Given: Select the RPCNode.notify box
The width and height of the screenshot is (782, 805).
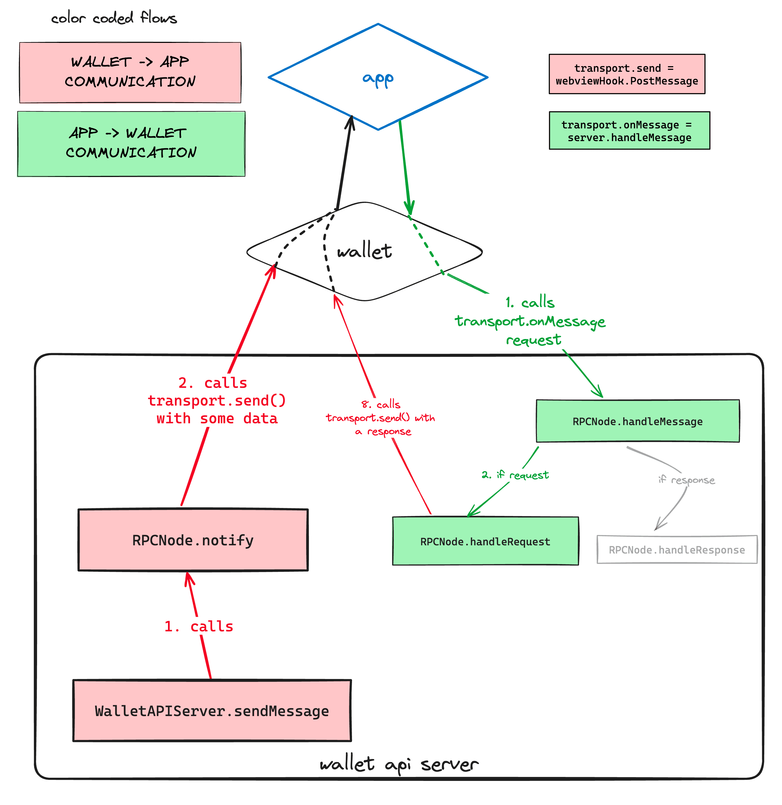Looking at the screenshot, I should [193, 540].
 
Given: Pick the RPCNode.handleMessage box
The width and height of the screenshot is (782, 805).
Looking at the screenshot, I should [638, 421].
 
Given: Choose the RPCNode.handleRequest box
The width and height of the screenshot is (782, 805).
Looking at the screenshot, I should [485, 541].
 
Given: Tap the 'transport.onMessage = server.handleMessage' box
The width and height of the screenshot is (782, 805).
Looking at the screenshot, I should [629, 131].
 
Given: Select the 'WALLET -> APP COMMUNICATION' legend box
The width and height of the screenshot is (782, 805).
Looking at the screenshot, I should [130, 72].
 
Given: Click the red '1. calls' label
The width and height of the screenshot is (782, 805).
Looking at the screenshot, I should [199, 626].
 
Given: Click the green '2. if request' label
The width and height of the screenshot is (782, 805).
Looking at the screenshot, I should [516, 475].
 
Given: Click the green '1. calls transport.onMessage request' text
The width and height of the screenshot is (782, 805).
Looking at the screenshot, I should [530, 321].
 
